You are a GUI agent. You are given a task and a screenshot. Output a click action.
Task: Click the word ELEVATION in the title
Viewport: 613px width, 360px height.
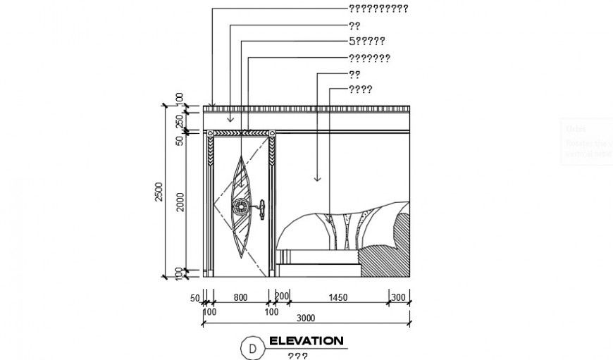(306, 341)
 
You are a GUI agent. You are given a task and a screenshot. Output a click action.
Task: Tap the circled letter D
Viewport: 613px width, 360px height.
(251, 347)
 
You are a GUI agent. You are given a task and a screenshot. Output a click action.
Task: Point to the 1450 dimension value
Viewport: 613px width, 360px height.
(339, 298)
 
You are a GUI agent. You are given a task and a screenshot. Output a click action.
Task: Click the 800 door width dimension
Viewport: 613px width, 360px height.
(240, 298)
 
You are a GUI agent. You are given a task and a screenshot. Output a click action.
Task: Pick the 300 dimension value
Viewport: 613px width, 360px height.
(398, 298)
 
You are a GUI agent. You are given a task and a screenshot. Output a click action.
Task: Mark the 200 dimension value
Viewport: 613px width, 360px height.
(283, 295)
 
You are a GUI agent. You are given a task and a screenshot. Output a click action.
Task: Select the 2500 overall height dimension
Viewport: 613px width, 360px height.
(159, 192)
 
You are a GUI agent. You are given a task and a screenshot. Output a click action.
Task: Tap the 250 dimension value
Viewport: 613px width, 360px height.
(180, 120)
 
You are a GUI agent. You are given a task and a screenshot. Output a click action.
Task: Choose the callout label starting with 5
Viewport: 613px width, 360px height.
(366, 41)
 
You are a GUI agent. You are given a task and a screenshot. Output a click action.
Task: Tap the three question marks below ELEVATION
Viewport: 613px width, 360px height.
(297, 356)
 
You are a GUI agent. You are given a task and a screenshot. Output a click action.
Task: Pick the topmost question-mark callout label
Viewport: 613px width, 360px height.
(378, 9)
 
